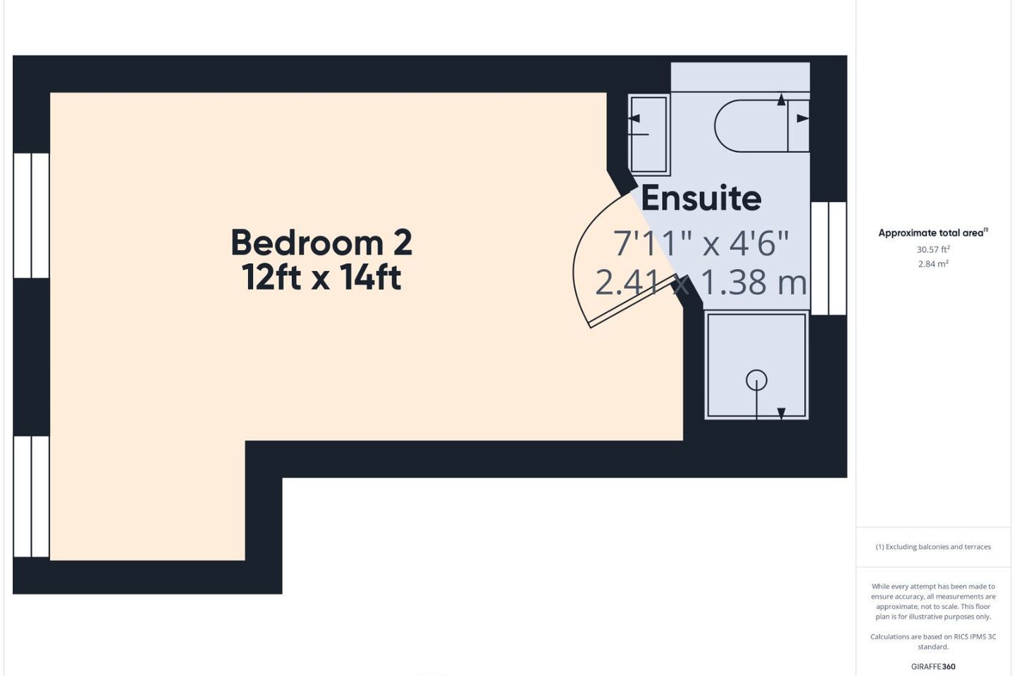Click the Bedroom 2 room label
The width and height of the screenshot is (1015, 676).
321,243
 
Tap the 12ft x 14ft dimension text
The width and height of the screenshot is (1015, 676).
321,277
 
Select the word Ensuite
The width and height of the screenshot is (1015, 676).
701,198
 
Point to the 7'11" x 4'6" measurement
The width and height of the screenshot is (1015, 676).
701,243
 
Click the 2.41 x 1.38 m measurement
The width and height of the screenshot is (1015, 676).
701,282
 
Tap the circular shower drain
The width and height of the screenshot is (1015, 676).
756,380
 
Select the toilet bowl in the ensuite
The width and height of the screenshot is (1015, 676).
761,125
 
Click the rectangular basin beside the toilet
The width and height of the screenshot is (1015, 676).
649,134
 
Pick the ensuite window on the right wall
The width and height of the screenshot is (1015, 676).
828,258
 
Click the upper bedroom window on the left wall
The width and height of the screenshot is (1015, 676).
31,215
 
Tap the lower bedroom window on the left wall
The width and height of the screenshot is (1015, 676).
31,496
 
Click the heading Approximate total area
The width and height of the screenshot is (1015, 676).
933,233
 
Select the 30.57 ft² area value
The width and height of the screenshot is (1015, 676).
933,249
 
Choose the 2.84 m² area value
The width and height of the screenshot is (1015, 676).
933,263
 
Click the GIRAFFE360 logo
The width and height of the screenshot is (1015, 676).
933,666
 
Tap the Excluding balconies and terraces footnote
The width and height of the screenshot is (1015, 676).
933,546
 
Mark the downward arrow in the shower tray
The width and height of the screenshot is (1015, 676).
781,413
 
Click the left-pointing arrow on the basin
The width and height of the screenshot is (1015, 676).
634,118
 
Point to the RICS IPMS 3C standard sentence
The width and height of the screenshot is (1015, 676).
933,641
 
